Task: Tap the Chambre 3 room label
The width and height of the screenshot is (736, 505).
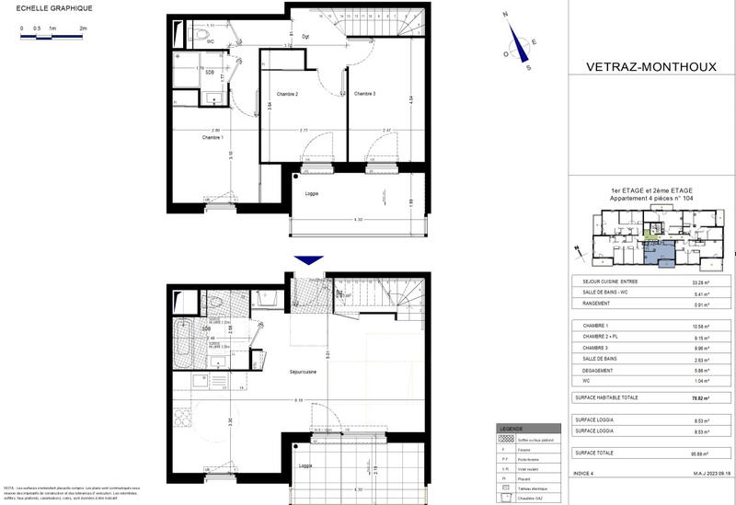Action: [365, 94]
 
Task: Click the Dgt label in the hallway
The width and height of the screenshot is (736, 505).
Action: [305, 36]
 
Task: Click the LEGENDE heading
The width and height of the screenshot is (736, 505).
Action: [512, 429]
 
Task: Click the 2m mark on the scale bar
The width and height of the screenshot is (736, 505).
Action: [83, 29]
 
